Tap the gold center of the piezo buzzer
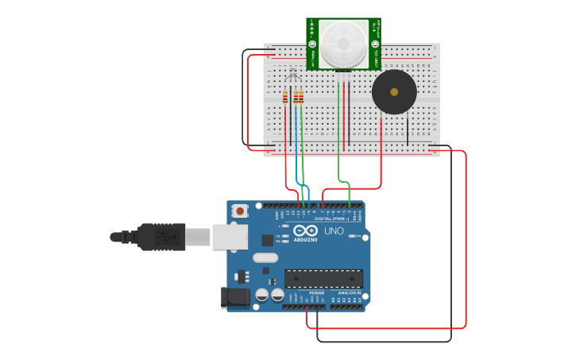pyautogui.click(x=394, y=92)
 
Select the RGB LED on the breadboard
pyautogui.click(x=292, y=75)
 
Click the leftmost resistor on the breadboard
pyautogui.click(x=285, y=97)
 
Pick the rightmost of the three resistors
pyautogui.click(x=301, y=97)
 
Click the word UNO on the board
pyautogui.click(x=334, y=231)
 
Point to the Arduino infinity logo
pyautogui.click(x=305, y=230)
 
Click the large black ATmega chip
pyautogui.click(x=323, y=278)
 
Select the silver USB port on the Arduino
pyautogui.click(x=230, y=236)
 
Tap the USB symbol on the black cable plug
pyautogui.click(x=163, y=237)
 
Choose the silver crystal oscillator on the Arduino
pyautogui.click(x=265, y=257)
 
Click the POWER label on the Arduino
pyautogui.click(x=316, y=292)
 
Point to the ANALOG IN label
pyautogui.click(x=349, y=292)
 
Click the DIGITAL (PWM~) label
pyautogui.click(x=334, y=218)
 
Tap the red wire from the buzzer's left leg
pyautogui.click(x=381, y=151)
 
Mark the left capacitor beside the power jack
pyautogui.click(x=261, y=295)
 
